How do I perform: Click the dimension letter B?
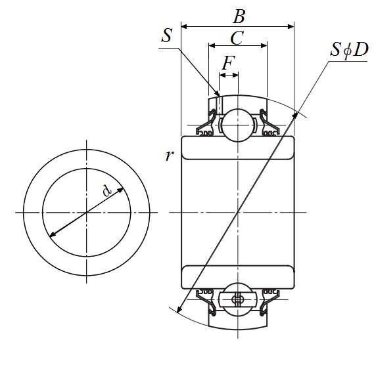click(x=239, y=16)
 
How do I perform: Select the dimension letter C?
click(x=237, y=37)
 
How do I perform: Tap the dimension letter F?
click(x=228, y=63)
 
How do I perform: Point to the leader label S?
click(x=167, y=35)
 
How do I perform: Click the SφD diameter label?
click(x=349, y=49)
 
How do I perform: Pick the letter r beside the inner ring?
click(x=169, y=156)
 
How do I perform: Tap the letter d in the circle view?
click(x=106, y=190)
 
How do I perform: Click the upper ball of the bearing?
click(x=238, y=125)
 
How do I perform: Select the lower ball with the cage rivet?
click(x=238, y=299)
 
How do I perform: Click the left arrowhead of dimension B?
click(x=184, y=26)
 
